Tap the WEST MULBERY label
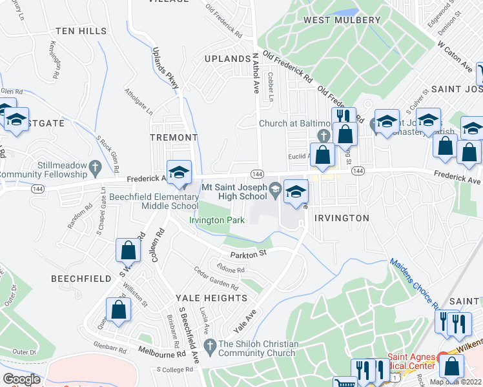coord(342,20)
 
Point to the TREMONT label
coord(173,137)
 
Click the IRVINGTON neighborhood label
coord(342,218)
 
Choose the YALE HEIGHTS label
coord(211,298)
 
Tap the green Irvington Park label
coord(216,220)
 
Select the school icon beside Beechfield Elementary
coord(179,173)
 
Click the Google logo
coord(21,379)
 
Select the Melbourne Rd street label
coord(161,353)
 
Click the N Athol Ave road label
coord(256,72)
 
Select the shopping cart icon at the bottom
coord(341,383)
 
